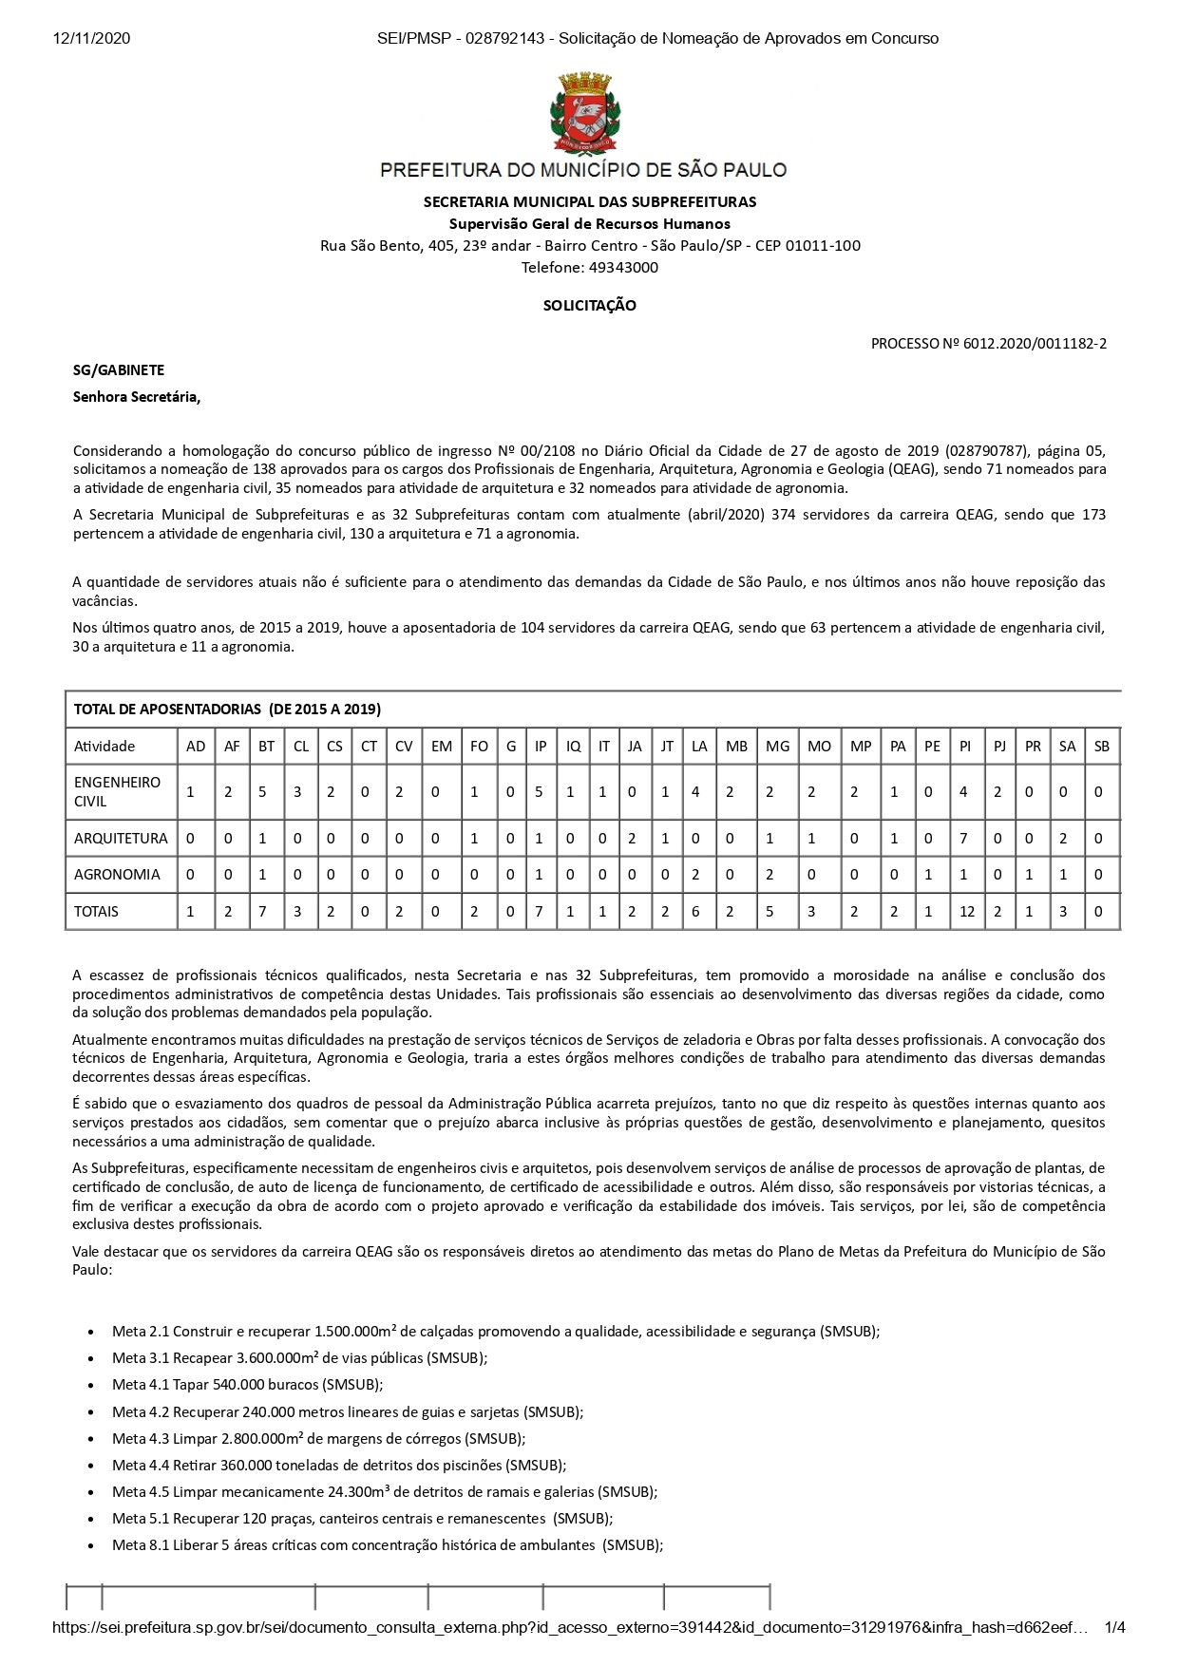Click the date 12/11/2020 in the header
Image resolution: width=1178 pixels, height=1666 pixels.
point(91,38)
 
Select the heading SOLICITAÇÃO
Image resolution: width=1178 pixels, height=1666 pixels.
point(589,306)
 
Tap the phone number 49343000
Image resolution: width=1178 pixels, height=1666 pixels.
point(622,267)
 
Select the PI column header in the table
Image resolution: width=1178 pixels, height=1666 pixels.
point(965,747)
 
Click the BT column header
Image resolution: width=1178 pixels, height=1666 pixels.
point(267,747)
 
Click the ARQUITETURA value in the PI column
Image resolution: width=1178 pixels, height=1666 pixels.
point(965,839)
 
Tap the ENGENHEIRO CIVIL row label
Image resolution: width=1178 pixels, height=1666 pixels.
point(118,791)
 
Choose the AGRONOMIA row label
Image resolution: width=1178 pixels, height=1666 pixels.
point(118,875)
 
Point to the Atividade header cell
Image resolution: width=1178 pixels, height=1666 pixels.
point(104,747)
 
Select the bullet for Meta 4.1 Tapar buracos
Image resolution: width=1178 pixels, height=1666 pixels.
point(90,1386)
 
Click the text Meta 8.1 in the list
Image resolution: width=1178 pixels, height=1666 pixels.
point(141,1545)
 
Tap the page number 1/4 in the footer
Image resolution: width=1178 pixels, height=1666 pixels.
point(1114,1628)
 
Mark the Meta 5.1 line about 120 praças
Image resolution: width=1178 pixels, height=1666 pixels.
point(362,1519)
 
